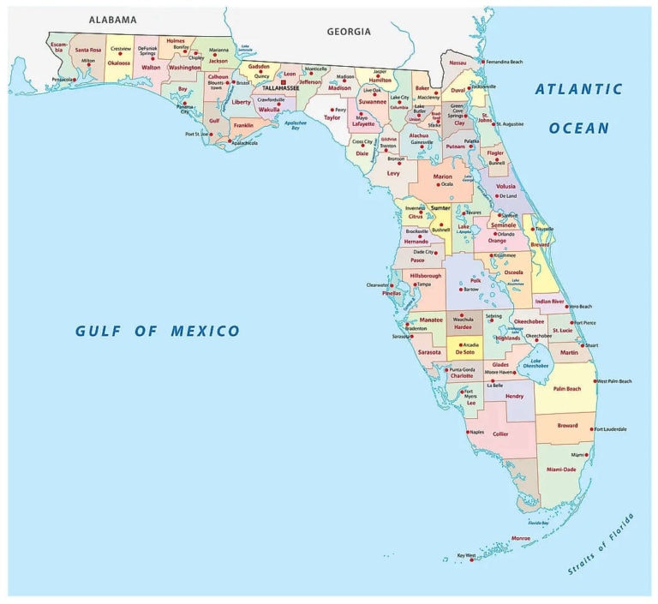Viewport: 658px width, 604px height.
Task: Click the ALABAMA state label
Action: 112,19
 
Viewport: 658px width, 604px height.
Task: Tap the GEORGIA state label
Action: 349,32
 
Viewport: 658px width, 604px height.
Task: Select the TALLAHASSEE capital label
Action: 280,87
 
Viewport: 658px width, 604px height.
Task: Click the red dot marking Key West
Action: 471,559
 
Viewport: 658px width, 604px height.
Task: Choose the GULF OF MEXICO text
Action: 158,331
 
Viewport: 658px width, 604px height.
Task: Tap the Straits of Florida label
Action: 601,544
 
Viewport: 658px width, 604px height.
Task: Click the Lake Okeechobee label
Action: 537,363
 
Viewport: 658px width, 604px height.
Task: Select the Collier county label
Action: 500,434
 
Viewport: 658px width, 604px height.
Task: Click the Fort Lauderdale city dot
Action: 591,429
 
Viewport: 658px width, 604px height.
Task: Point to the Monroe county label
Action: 520,538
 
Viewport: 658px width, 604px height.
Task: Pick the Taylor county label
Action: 332,117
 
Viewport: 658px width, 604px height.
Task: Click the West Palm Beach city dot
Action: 595,380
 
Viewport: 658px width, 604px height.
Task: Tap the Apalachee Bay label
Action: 296,123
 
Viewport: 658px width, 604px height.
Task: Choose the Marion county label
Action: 442,176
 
